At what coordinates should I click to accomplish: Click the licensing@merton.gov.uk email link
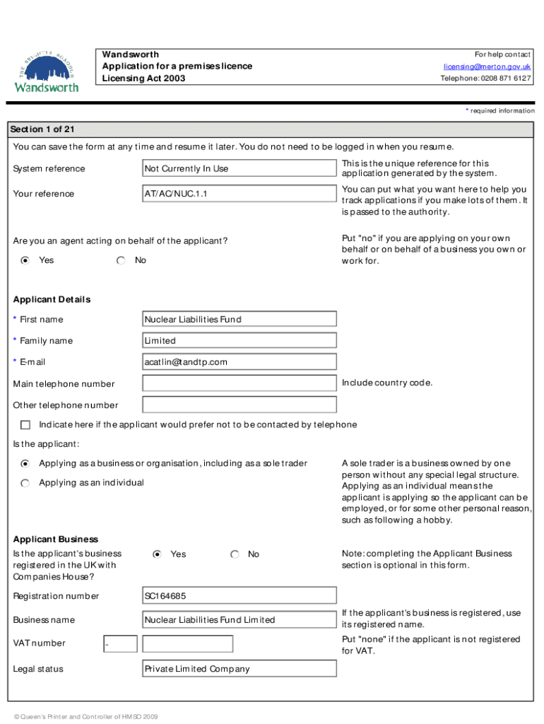487,66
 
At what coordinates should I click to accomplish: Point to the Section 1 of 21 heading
42,129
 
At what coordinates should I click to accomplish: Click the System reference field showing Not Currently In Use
240,168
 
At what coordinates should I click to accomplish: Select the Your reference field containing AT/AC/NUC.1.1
240,194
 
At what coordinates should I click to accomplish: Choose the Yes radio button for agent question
25,261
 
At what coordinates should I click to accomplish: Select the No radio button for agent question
122,261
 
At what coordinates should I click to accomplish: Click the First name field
240,320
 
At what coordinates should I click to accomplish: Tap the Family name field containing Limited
240,341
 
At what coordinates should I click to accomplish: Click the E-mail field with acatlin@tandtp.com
240,362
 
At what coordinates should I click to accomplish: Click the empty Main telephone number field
240,384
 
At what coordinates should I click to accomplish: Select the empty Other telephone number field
240,405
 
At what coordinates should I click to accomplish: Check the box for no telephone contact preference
26,425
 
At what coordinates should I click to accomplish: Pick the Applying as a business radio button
25,464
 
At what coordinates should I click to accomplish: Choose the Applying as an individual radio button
25,483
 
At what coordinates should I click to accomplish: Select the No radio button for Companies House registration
235,554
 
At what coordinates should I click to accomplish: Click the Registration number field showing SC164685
240,596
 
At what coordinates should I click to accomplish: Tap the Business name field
240,620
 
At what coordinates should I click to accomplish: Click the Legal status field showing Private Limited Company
240,669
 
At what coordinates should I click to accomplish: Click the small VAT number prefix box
119,644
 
